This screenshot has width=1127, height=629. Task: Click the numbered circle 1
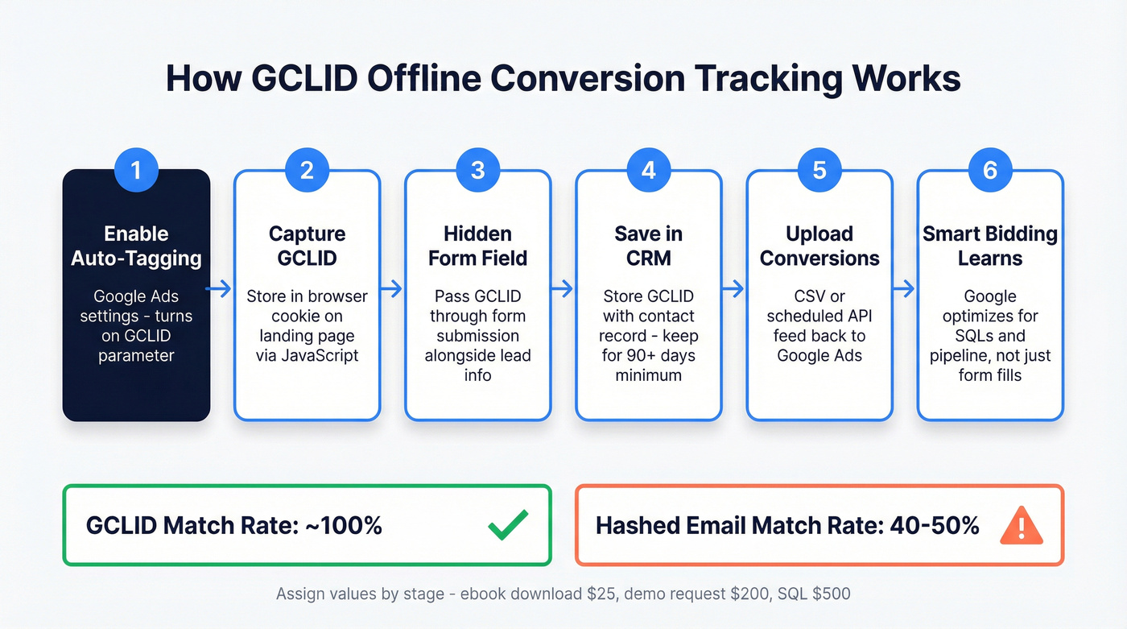pos(136,170)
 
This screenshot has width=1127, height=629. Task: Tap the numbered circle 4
pos(649,170)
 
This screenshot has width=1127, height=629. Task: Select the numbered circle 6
pos(990,170)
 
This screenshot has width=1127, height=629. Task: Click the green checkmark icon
pos(508,525)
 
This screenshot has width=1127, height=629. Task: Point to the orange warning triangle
pos(1021,526)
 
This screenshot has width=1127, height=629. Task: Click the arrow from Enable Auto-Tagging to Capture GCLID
pos(220,288)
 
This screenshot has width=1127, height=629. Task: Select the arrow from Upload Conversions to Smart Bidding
pos(904,288)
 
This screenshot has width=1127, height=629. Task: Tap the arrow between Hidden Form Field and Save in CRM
pos(562,288)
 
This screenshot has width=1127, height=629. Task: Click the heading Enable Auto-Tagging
pos(136,246)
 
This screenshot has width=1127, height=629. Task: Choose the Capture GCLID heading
pos(307,246)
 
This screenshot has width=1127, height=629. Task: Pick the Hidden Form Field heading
pos(477,246)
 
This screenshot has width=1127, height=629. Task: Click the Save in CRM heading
pos(649,246)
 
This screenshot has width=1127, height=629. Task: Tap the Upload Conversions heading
pos(819,246)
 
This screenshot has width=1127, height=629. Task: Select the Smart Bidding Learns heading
pos(990,246)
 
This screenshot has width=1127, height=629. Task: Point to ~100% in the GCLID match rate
pos(343,526)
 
